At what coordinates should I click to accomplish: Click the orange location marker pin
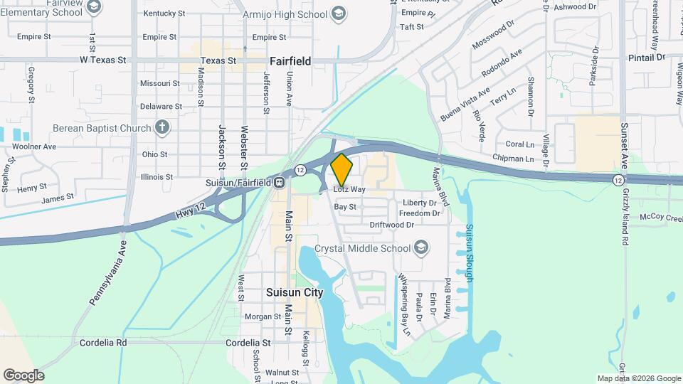(x=341, y=169)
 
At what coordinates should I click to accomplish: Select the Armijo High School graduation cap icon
(x=339, y=14)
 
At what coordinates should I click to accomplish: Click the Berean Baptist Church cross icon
(x=163, y=128)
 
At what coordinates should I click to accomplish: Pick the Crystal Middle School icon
(x=422, y=247)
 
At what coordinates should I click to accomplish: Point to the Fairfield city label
(x=290, y=61)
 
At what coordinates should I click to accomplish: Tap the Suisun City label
(x=294, y=292)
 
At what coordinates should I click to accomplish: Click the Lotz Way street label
(x=349, y=190)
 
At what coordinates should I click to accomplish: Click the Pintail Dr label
(x=646, y=56)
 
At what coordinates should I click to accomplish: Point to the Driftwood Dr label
(x=391, y=225)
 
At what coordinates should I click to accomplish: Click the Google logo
(x=23, y=375)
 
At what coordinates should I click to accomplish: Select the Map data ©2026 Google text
(x=639, y=378)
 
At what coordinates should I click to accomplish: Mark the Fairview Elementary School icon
(x=93, y=7)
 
